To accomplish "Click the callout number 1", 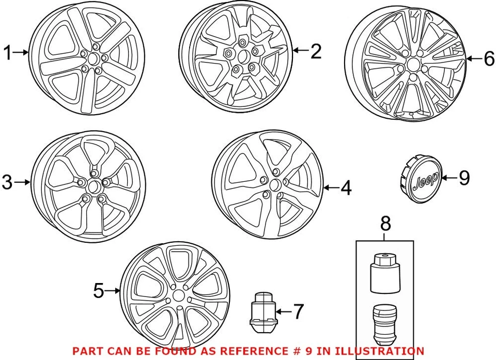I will click(8, 52).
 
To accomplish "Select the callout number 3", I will click(7, 182).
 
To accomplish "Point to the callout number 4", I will click(346, 187).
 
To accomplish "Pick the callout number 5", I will click(99, 291).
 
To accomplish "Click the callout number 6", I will click(489, 59).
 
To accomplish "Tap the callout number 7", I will click(298, 311).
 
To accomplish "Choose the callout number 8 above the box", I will click(385, 224).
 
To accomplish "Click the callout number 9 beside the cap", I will click(464, 178).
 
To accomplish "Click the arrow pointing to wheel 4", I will click(331, 187).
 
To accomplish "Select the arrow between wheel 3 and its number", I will click(22, 182).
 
